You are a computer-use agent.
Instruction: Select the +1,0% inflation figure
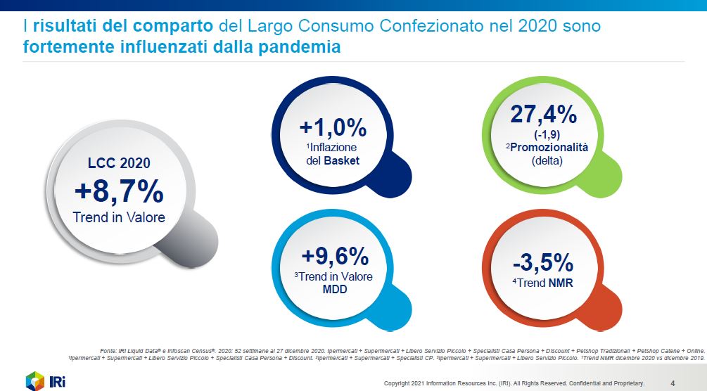(x=333, y=128)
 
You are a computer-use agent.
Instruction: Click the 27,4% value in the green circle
(x=543, y=115)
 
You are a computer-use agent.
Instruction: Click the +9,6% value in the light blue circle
(x=333, y=256)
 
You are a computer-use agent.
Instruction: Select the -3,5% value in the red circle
(x=542, y=262)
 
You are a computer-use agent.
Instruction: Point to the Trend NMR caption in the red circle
(x=546, y=283)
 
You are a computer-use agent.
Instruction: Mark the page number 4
(x=673, y=383)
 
